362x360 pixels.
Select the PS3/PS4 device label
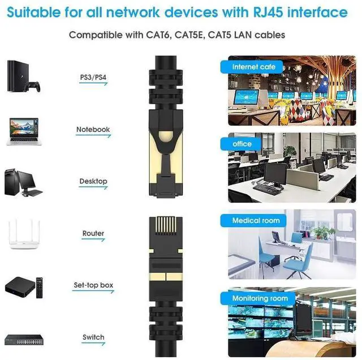coord(93,77)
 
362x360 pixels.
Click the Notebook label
coord(93,130)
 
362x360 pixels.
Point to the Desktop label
coord(93,181)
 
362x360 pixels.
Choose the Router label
coord(93,233)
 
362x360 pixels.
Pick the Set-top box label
coord(93,285)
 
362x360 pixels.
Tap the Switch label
coord(93,337)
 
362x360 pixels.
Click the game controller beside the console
coord(35,87)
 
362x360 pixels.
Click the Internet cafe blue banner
coord(253,67)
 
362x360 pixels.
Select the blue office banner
coord(242,144)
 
